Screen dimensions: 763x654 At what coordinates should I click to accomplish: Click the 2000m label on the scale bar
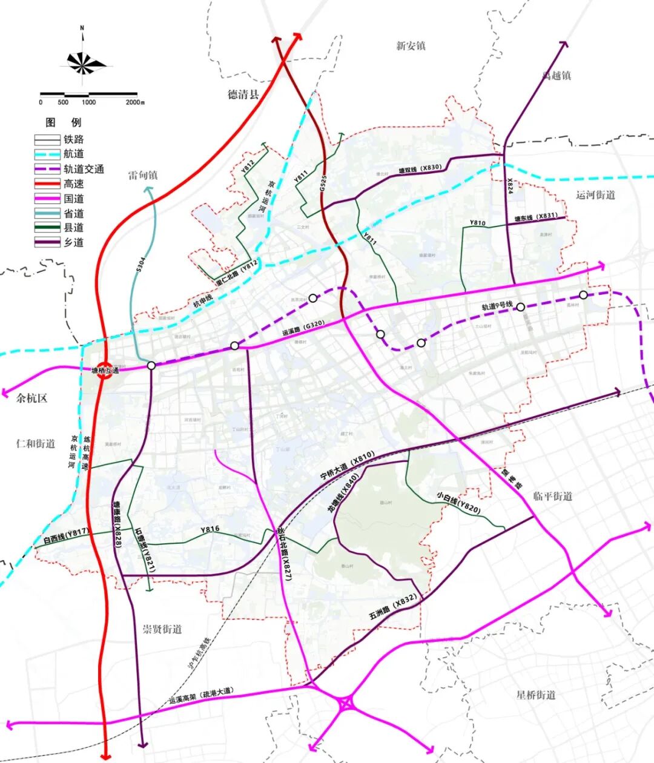click(x=134, y=102)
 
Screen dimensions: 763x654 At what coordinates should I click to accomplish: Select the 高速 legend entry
click(x=73, y=184)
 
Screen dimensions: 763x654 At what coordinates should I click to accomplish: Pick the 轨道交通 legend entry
click(x=84, y=169)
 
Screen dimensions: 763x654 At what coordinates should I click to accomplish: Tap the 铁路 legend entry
click(x=73, y=139)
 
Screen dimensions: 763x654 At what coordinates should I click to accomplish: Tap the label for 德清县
click(x=243, y=94)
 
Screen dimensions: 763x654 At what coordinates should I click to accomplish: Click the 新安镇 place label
click(x=411, y=46)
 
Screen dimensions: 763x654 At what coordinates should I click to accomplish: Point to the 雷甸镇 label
click(x=143, y=175)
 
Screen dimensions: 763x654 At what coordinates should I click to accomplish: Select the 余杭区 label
click(x=32, y=398)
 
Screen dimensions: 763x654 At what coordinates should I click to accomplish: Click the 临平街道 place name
click(x=552, y=496)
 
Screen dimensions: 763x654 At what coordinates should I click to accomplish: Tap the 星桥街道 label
click(x=535, y=695)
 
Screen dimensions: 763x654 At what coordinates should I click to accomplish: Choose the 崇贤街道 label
click(x=162, y=629)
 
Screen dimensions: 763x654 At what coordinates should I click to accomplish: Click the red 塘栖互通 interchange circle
click(x=104, y=371)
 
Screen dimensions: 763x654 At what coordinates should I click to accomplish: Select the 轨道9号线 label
click(x=497, y=306)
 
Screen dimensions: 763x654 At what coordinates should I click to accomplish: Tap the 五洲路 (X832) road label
click(x=393, y=608)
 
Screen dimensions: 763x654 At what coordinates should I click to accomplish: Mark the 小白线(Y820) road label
click(x=458, y=503)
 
